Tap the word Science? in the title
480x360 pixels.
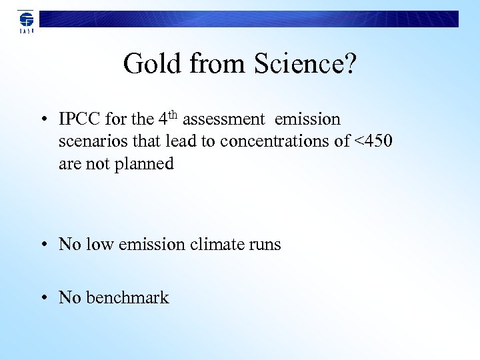coord(305,64)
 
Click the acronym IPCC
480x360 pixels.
coord(80,120)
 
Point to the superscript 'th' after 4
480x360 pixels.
coord(173,115)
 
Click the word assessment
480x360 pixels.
coord(223,120)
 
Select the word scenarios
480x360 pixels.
coord(91,142)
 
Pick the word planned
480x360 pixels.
coord(143,164)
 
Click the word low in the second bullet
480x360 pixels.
coord(100,245)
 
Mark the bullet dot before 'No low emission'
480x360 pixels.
coord(42,245)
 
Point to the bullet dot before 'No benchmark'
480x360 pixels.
coord(42,298)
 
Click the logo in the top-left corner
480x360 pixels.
coord(26,21)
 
